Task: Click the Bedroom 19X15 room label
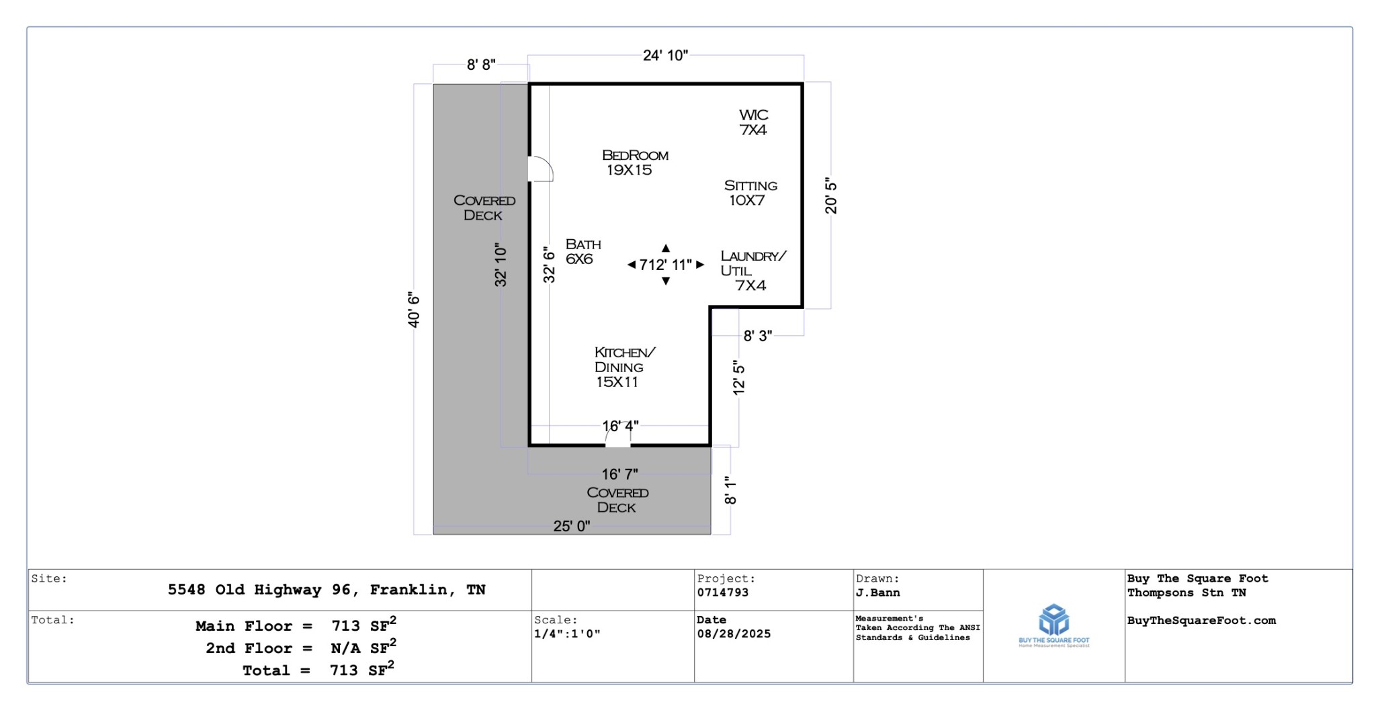pos(634,163)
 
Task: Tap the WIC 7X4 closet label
pos(753,122)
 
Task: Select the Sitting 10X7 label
pos(750,193)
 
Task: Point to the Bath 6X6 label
pos(583,251)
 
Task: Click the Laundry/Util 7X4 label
pos(752,271)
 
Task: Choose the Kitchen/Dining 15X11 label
pos(624,367)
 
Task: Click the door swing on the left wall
pos(540,169)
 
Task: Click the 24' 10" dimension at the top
pos(665,56)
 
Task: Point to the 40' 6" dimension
pos(414,310)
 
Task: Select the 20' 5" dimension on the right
pos(831,195)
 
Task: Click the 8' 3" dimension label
pos(757,336)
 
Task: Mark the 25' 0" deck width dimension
pos(571,526)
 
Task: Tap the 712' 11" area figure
pos(665,265)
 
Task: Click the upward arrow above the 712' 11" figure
pos(665,249)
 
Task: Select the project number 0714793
pos(723,592)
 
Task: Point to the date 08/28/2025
pos(734,633)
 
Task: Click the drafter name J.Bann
pos(878,592)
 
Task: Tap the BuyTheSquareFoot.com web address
pos(1201,621)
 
